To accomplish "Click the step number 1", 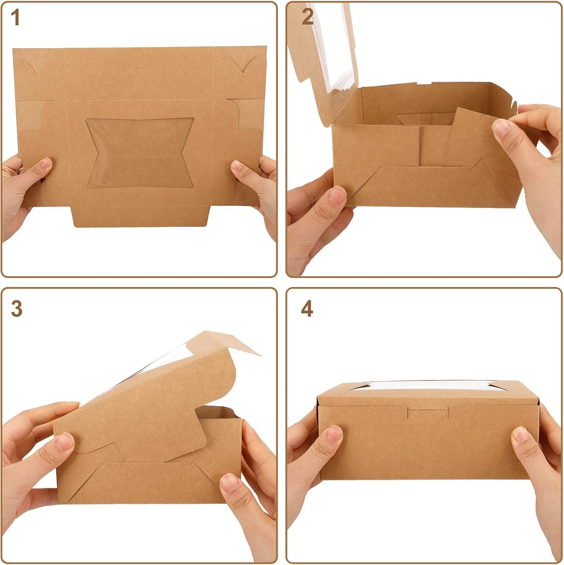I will [x=15, y=18].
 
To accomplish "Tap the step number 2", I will [x=307, y=17].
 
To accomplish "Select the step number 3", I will [x=17, y=309].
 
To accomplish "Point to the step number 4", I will [x=307, y=309].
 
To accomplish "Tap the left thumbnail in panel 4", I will [x=334, y=434].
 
